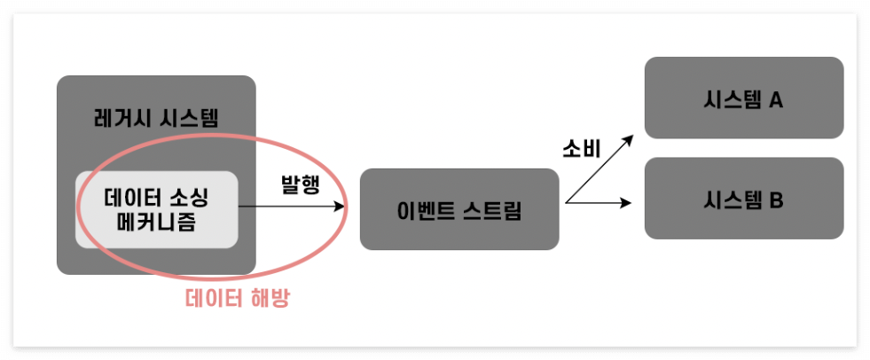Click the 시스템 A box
coord(743,98)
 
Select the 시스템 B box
coord(743,199)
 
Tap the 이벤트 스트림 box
coord(459,209)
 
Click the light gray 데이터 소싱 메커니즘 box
coord(156,209)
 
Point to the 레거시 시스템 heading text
coord(156,118)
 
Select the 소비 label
coord(582,149)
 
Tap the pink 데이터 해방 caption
coord(238,299)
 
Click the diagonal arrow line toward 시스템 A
coord(599,170)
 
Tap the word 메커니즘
coord(156,222)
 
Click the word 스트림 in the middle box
coord(498,211)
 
